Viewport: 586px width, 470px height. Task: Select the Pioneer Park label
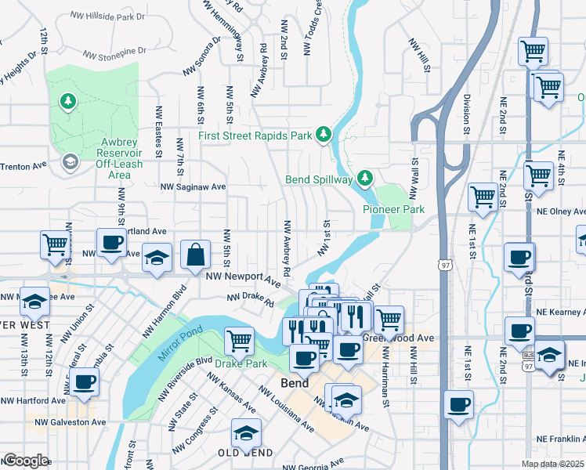point(393,209)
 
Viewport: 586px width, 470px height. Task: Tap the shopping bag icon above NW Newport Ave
point(195,255)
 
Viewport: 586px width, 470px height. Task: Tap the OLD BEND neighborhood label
point(245,454)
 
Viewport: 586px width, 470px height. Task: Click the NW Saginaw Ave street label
point(193,187)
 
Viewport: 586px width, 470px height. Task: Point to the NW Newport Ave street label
point(243,277)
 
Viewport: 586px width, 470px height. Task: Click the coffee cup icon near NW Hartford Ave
point(85,382)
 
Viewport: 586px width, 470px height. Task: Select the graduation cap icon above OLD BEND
point(246,432)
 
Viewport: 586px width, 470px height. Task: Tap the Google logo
point(26,461)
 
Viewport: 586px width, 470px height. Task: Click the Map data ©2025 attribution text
point(553,464)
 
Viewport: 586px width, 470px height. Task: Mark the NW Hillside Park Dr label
point(107,16)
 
